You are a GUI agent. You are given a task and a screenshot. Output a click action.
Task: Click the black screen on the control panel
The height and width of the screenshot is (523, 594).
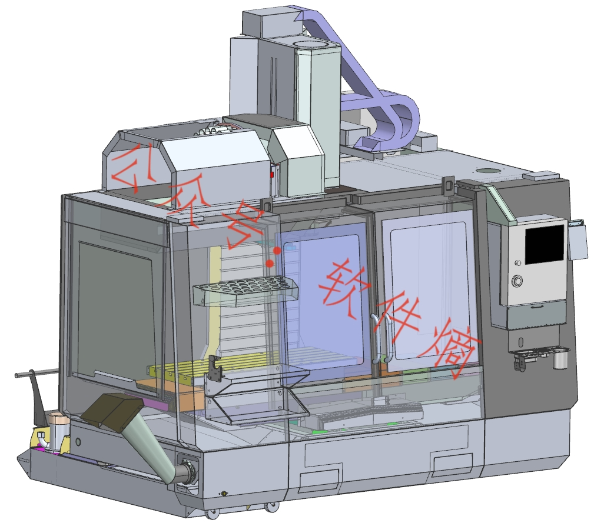545,244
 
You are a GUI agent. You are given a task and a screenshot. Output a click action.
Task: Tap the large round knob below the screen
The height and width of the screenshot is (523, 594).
517,281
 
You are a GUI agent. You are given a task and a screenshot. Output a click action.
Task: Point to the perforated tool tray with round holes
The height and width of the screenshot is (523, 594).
245,290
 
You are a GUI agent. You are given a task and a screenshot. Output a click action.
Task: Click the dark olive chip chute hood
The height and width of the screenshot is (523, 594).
112,412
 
